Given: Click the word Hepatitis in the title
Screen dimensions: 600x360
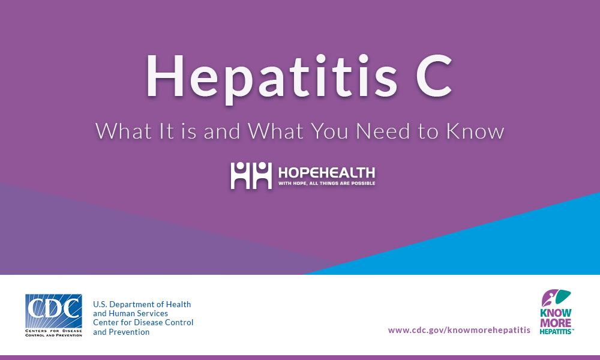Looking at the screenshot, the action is pyautogui.click(x=272, y=77).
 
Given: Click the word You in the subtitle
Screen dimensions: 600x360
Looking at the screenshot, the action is pyautogui.click(x=329, y=131).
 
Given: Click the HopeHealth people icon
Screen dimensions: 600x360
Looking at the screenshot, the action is pyautogui.click(x=251, y=175).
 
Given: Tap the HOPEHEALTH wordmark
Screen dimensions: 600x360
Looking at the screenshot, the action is pyautogui.click(x=326, y=173).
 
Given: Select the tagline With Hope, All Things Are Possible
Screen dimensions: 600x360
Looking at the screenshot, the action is pyautogui.click(x=326, y=183).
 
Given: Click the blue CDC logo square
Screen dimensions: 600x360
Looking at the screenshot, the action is pyautogui.click(x=53, y=311).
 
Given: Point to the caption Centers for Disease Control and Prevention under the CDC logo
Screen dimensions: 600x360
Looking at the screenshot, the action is pyautogui.click(x=53, y=333).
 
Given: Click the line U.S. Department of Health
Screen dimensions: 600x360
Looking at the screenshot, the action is pyautogui.click(x=142, y=305).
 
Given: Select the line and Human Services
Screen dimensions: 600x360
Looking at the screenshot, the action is pyautogui.click(x=130, y=313).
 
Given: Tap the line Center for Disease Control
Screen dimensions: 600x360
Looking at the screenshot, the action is pyautogui.click(x=143, y=323).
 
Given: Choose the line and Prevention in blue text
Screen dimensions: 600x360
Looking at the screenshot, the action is pyautogui.click(x=121, y=332).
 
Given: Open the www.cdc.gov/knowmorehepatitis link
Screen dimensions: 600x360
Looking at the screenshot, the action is pyautogui.click(x=459, y=330).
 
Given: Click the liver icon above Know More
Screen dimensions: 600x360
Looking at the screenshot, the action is pyautogui.click(x=556, y=298).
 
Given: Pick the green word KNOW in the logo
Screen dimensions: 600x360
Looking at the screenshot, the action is pyautogui.click(x=556, y=313).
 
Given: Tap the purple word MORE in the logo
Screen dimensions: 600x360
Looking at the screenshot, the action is pyautogui.click(x=556, y=323).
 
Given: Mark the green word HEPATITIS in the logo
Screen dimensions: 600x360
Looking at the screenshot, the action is pyautogui.click(x=556, y=332).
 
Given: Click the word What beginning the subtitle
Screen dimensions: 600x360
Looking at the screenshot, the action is pyautogui.click(x=123, y=131).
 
